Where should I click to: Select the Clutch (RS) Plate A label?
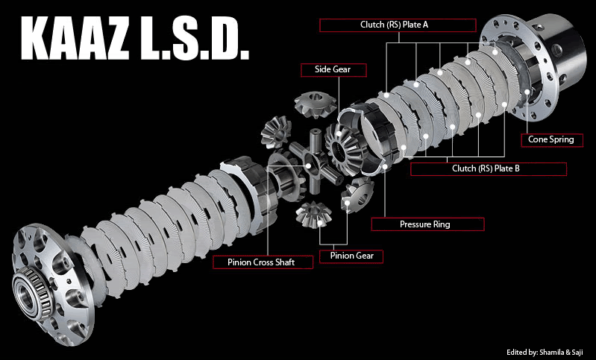point(398,25)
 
